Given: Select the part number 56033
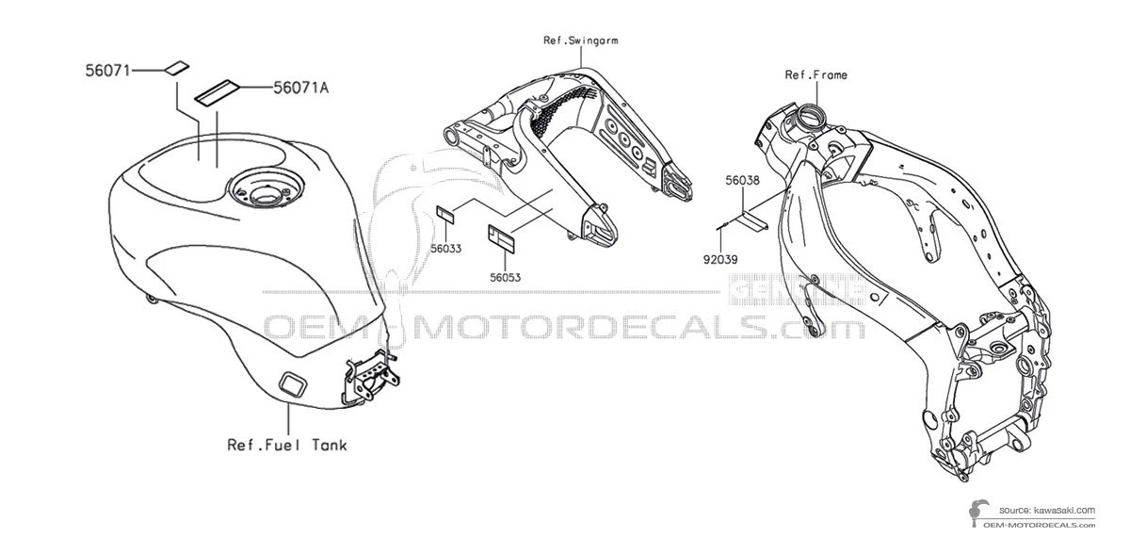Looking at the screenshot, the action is tap(445, 249).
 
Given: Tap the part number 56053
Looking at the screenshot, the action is tap(505, 277).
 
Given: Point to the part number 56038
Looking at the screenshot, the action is tap(742, 178).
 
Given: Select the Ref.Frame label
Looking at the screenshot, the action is tap(815, 73).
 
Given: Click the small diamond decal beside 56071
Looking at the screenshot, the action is tap(175, 67).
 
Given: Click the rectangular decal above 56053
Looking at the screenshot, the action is tap(501, 236).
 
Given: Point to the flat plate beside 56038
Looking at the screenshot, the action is tap(751, 221).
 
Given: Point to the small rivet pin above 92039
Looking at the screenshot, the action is tap(720, 226).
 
